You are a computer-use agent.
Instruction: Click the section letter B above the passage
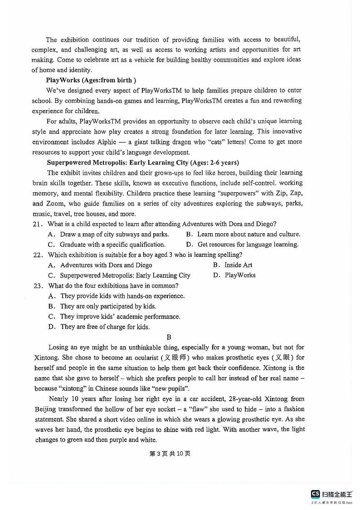[x=169, y=337]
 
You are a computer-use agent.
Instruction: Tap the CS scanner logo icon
[x=315, y=495]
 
